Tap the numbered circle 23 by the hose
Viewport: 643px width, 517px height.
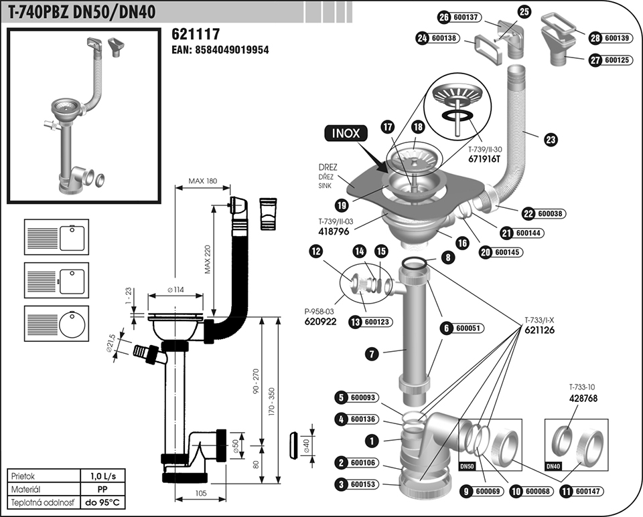click(x=551, y=140)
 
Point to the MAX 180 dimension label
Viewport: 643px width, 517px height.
click(x=203, y=181)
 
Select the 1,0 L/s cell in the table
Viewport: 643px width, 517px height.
click(x=106, y=476)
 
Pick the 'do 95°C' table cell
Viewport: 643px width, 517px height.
click(x=106, y=502)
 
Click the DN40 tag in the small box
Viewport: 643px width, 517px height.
click(x=553, y=466)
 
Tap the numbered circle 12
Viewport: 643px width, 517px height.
click(x=316, y=251)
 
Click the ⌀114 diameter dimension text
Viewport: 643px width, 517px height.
click(x=176, y=290)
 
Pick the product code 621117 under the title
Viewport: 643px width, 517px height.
click(x=196, y=34)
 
